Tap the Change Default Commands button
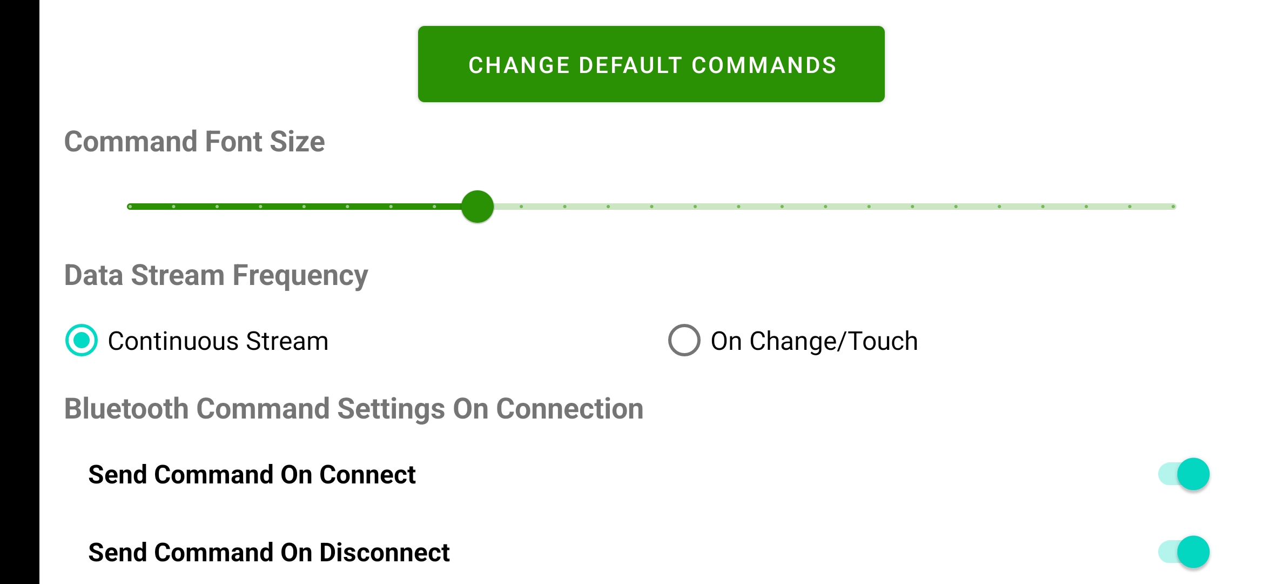point(651,64)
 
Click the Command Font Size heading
point(194,142)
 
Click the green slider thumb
point(478,207)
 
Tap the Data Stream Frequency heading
point(216,275)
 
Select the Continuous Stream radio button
point(82,341)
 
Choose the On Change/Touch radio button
point(684,341)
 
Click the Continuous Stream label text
point(218,341)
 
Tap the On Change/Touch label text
point(814,341)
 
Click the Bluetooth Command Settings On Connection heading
point(354,409)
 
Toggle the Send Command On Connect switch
point(1184,474)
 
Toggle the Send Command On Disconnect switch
point(1184,552)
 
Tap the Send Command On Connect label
point(252,475)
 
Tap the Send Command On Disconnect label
point(269,553)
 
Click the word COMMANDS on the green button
point(764,65)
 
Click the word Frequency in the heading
point(300,275)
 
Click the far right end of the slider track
point(1173,207)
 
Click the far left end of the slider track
point(130,207)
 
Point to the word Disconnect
point(385,553)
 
